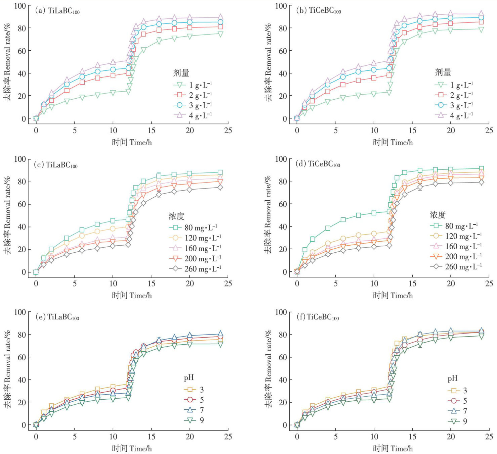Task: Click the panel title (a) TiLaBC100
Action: click(x=57, y=11)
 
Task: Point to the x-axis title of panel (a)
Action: click(x=132, y=142)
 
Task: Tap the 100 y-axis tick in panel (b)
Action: click(x=281, y=6)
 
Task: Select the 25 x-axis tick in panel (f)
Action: click(x=489, y=437)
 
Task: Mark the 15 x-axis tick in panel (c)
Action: click(x=152, y=284)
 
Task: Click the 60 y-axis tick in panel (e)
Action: click(x=22, y=357)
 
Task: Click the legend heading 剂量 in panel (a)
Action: click(x=181, y=72)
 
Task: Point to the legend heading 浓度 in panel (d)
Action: click(x=438, y=214)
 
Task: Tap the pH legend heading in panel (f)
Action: click(x=452, y=379)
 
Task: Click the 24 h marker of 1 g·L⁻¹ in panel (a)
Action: click(x=220, y=34)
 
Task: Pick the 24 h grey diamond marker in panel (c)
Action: click(x=220, y=187)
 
